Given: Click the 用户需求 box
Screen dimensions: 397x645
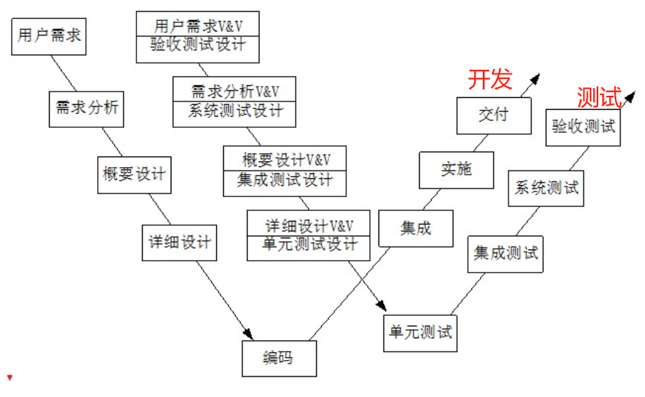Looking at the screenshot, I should tap(49, 36).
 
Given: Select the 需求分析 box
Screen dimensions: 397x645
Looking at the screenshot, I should tap(87, 108).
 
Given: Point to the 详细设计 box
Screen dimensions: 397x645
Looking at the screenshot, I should tap(179, 242).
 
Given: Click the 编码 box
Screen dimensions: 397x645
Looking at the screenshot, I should tap(278, 359).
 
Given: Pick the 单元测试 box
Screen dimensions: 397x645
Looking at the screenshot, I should tap(420, 332).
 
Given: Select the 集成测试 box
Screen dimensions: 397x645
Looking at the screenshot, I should tap(506, 252).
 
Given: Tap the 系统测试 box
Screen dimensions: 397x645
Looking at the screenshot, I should tap(546, 187).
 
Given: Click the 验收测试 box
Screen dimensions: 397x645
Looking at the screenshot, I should tap(583, 127).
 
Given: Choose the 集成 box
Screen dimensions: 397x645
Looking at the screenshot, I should tap(416, 228).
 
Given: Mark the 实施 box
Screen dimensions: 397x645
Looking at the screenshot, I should tap(456, 169).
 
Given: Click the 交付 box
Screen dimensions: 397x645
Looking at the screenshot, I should tap(494, 115).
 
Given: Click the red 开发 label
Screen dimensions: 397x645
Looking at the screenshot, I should tap(490, 80).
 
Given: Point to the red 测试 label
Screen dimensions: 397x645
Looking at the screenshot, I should tap(600, 98).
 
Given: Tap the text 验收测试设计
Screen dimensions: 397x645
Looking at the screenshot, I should tap(197, 45).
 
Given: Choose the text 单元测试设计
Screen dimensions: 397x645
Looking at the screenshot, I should tap(309, 245).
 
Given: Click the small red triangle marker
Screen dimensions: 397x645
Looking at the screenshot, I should tap(10, 378).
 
